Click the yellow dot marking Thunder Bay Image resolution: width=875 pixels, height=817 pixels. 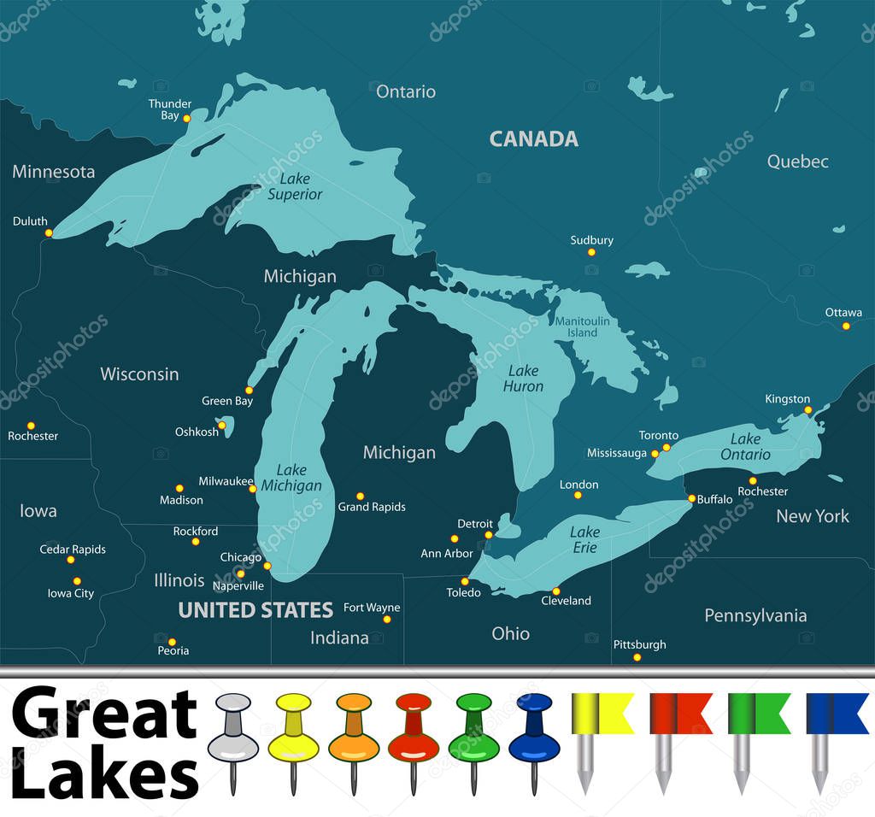point(186,118)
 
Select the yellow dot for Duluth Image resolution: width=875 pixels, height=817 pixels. point(49,232)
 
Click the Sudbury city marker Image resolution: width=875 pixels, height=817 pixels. point(590,252)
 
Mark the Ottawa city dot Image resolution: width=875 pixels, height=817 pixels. point(846,326)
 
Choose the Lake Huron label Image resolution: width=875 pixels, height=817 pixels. point(523,379)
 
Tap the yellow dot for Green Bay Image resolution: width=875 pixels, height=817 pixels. point(250,390)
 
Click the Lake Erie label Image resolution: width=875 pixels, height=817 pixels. point(585,539)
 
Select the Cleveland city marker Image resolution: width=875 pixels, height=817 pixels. point(555,591)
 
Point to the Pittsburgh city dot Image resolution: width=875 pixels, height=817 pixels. point(637,657)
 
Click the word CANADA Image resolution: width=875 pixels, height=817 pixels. point(533,139)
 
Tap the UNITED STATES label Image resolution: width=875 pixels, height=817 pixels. point(255,610)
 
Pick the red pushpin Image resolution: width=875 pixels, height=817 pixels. point(414,731)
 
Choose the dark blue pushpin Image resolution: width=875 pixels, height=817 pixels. point(534,731)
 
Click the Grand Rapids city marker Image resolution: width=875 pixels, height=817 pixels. point(360,496)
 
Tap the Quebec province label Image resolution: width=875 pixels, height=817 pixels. point(797,162)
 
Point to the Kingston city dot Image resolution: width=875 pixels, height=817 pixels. point(807,410)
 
